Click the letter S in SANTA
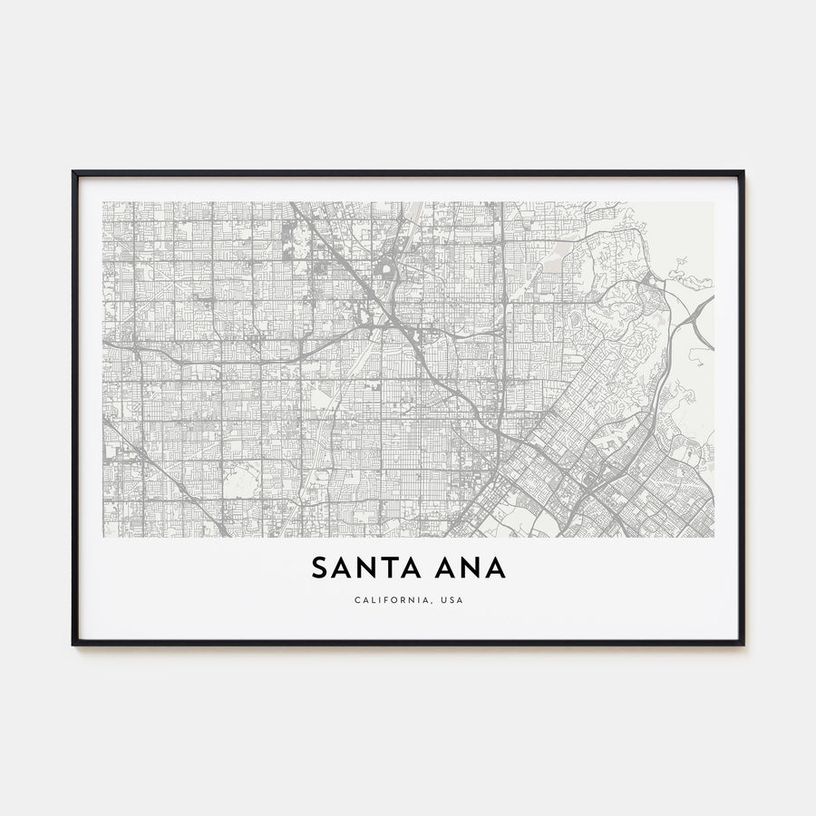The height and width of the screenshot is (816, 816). (x=319, y=568)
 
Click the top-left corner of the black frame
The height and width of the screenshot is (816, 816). (x=73, y=171)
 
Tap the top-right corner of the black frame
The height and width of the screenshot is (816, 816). (x=743, y=171)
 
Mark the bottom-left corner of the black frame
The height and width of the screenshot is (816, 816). (x=73, y=645)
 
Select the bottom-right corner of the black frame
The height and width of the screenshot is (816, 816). (x=743, y=645)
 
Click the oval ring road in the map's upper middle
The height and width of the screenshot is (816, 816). (x=386, y=269)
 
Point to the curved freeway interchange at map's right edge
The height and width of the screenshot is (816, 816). (x=698, y=317)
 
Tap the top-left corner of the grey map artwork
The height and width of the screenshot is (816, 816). (x=103, y=202)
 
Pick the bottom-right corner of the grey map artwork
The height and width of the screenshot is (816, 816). (x=714, y=537)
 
